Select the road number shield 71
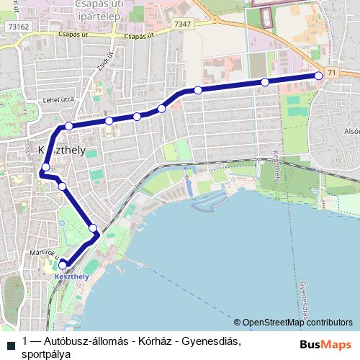point(331,73)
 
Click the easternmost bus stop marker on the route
point(319,75)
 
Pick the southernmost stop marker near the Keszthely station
point(63,264)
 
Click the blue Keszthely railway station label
point(71,276)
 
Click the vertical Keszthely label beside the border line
point(278,168)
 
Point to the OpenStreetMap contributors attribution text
point(297,323)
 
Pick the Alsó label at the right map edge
point(351,131)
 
